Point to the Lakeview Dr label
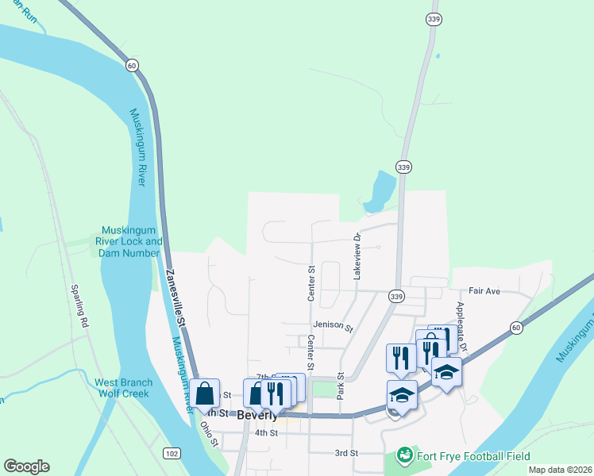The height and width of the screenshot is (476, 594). pos(357,255)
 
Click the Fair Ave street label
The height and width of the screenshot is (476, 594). pos(484,291)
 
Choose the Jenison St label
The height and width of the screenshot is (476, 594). pos(332,325)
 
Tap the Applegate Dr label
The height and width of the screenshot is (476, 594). pos(461,319)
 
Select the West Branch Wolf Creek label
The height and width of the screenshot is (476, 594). pos(124,388)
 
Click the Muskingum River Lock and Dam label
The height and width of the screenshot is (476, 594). pos(129,241)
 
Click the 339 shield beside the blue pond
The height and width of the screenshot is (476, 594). pos(403,167)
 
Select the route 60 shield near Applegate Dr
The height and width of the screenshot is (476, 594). pos(516,328)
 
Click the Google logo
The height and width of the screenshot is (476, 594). pos(26,466)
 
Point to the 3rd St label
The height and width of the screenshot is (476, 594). pos(346,453)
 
